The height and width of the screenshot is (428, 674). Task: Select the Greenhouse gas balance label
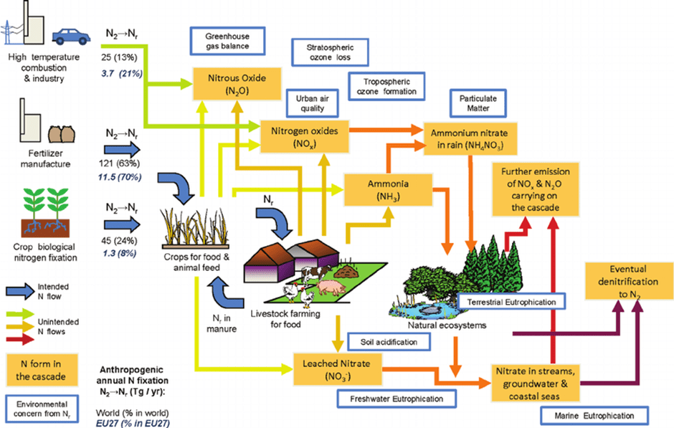point(226,41)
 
